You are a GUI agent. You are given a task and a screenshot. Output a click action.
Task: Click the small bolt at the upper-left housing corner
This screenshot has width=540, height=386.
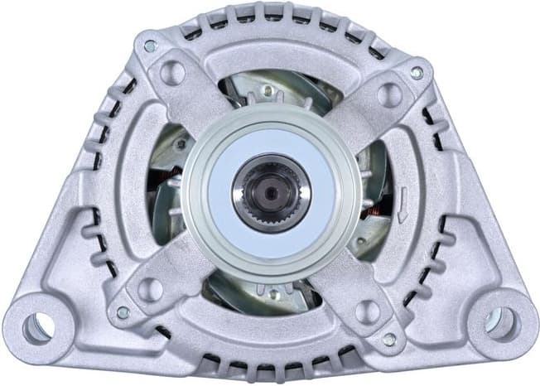[149, 46]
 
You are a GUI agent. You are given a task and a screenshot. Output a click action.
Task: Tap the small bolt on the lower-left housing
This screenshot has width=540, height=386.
[123, 312]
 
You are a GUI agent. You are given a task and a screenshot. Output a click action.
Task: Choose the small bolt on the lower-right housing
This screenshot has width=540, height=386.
[388, 340]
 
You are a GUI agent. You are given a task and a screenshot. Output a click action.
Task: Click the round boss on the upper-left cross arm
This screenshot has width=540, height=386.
[172, 73]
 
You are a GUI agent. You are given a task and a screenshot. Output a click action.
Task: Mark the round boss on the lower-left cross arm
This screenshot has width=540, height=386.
[150, 289]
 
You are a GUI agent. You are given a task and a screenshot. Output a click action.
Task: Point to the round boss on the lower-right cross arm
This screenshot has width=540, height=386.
[367, 311]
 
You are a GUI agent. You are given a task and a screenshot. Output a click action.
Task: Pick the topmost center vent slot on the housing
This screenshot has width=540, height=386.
[271, 14]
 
